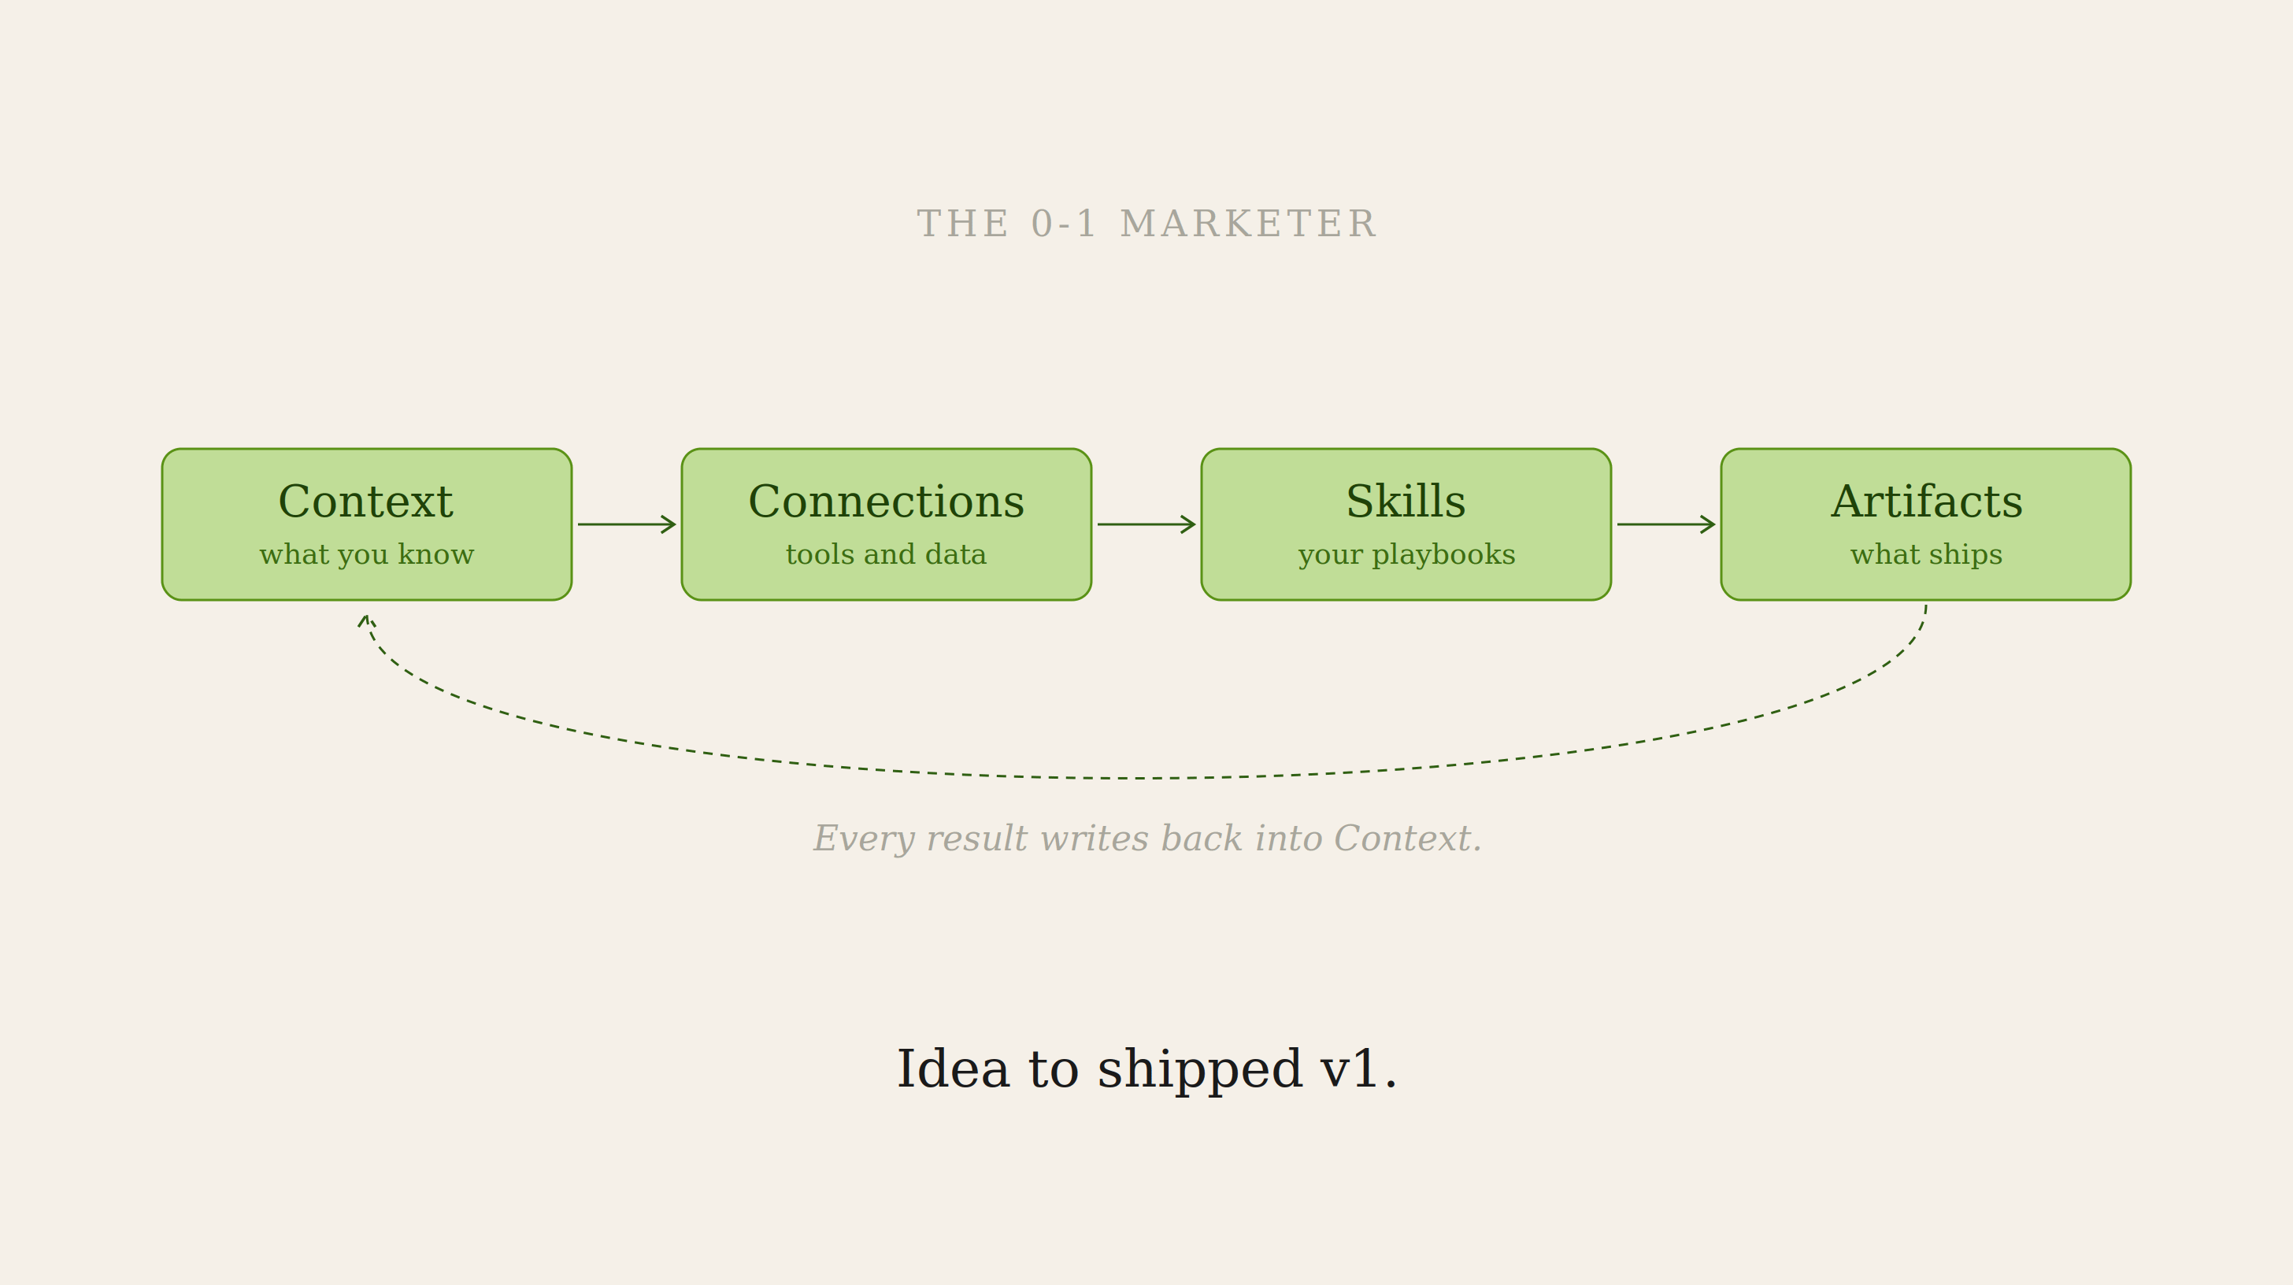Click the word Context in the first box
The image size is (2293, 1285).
(366, 501)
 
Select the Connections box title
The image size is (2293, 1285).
(887, 501)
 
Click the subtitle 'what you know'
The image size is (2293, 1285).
(367, 554)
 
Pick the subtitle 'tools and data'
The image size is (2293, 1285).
(886, 554)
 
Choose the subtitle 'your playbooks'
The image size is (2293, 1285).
(1406, 554)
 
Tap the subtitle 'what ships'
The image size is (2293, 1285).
(1926, 554)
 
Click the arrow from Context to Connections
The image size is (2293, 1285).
(627, 524)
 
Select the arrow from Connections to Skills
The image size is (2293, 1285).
(1146, 524)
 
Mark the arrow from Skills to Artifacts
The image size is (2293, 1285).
(1666, 524)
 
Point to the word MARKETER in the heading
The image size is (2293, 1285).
(1248, 224)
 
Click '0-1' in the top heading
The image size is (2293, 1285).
(1063, 224)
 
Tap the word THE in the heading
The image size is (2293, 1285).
(962, 224)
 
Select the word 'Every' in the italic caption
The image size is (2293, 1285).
(864, 839)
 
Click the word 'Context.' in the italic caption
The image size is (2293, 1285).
(1407, 839)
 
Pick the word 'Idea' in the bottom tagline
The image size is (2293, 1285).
(953, 1068)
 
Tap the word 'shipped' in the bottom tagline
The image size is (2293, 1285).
(1200, 1069)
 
